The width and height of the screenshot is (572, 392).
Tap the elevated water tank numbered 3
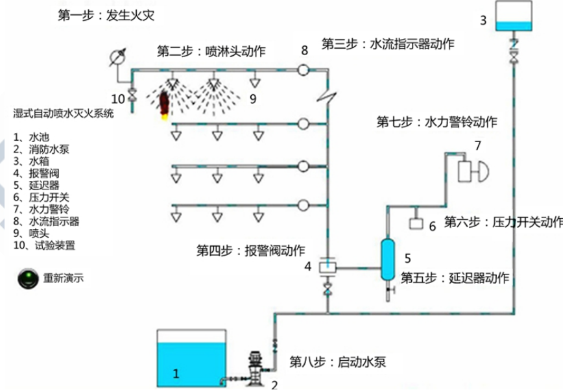coord(514,16)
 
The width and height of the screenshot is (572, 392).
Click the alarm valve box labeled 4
coord(327,266)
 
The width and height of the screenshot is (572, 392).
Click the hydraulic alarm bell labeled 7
coord(471,171)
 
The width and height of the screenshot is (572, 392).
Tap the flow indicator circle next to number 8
coord(304,69)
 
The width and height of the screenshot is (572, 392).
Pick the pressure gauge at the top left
coord(116,56)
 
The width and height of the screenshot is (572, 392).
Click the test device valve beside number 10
coord(132,95)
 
